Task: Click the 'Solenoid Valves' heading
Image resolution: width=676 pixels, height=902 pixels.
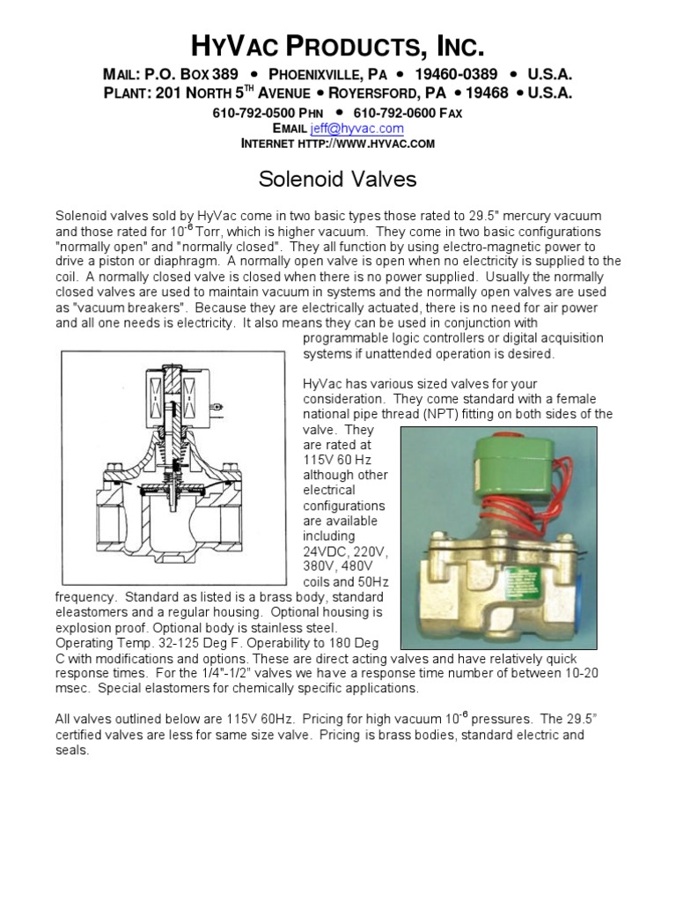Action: point(337,181)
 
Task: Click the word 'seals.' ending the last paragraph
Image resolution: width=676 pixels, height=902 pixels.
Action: point(72,750)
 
